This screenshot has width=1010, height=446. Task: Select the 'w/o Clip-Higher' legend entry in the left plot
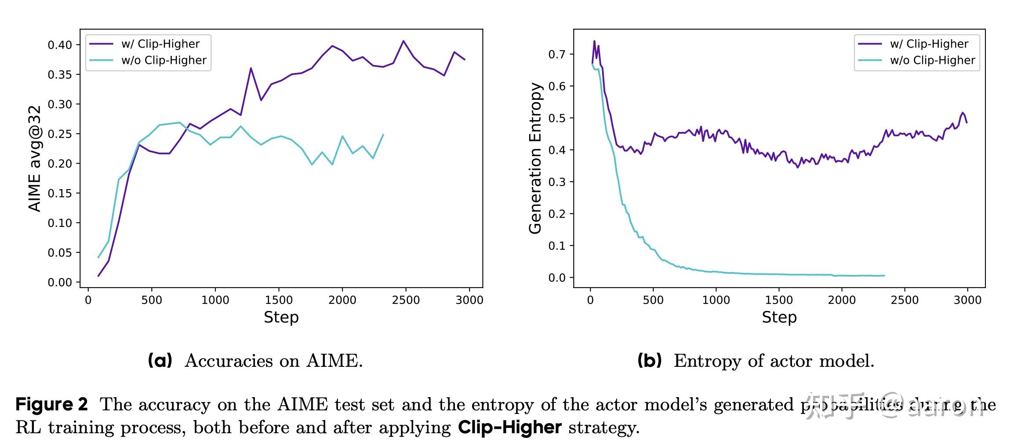(x=163, y=60)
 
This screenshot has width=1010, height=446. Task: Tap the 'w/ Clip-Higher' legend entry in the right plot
(x=929, y=44)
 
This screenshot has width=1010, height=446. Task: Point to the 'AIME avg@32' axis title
(x=35, y=158)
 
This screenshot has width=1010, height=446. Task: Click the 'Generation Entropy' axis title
(x=535, y=158)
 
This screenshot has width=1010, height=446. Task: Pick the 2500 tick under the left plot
(x=406, y=300)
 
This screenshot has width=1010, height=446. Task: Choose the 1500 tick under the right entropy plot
(x=779, y=300)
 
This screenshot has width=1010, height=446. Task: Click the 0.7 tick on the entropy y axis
(x=557, y=54)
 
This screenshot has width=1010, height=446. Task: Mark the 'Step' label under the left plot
(x=281, y=317)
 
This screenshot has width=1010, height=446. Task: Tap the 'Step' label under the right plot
(x=779, y=317)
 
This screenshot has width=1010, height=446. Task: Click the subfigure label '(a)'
(x=160, y=361)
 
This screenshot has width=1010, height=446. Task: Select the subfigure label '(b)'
(x=649, y=361)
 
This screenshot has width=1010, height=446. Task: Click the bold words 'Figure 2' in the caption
(x=52, y=404)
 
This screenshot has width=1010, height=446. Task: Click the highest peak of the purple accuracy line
(x=403, y=41)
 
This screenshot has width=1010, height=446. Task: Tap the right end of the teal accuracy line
(x=383, y=135)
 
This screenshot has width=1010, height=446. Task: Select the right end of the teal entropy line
(x=884, y=276)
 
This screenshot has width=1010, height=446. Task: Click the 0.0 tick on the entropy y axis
(x=557, y=278)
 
